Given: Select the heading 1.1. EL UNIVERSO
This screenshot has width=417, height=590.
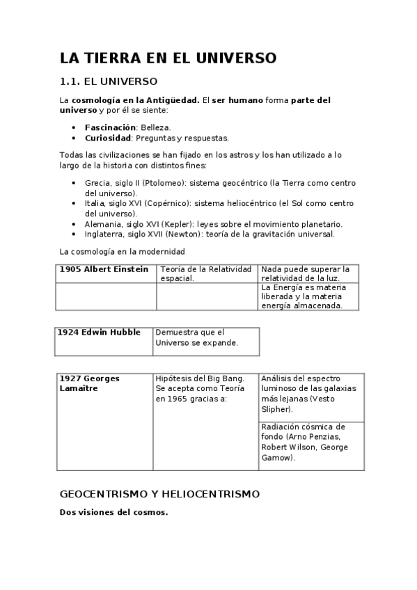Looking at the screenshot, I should click(109, 81).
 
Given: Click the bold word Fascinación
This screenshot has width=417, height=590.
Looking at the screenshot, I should click(110, 128).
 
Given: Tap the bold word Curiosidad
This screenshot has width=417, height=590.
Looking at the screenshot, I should click(108, 138).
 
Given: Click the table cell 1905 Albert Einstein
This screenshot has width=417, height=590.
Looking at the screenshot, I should click(104, 269).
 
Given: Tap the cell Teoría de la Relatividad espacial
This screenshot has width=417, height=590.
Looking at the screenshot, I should click(206, 273).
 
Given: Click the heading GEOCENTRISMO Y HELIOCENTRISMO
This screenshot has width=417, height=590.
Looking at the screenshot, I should click(159, 494).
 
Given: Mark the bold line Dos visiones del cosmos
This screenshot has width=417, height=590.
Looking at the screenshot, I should click(113, 513).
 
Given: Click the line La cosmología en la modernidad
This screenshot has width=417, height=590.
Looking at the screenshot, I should click(122, 251).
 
